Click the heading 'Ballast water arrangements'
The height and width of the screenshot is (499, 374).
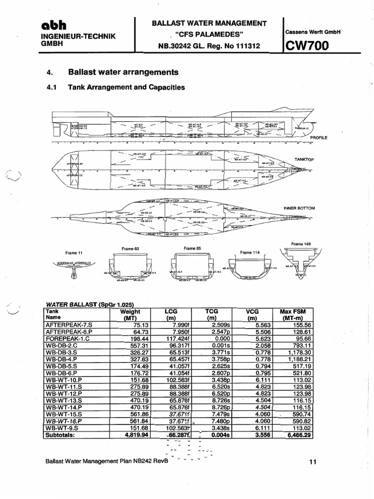123,72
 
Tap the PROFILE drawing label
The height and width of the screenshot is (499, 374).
319,138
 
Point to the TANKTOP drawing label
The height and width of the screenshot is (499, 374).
305,159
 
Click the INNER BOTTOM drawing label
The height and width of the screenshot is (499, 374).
299,208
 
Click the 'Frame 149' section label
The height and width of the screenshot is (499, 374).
300,244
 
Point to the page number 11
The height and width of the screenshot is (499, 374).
313,462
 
